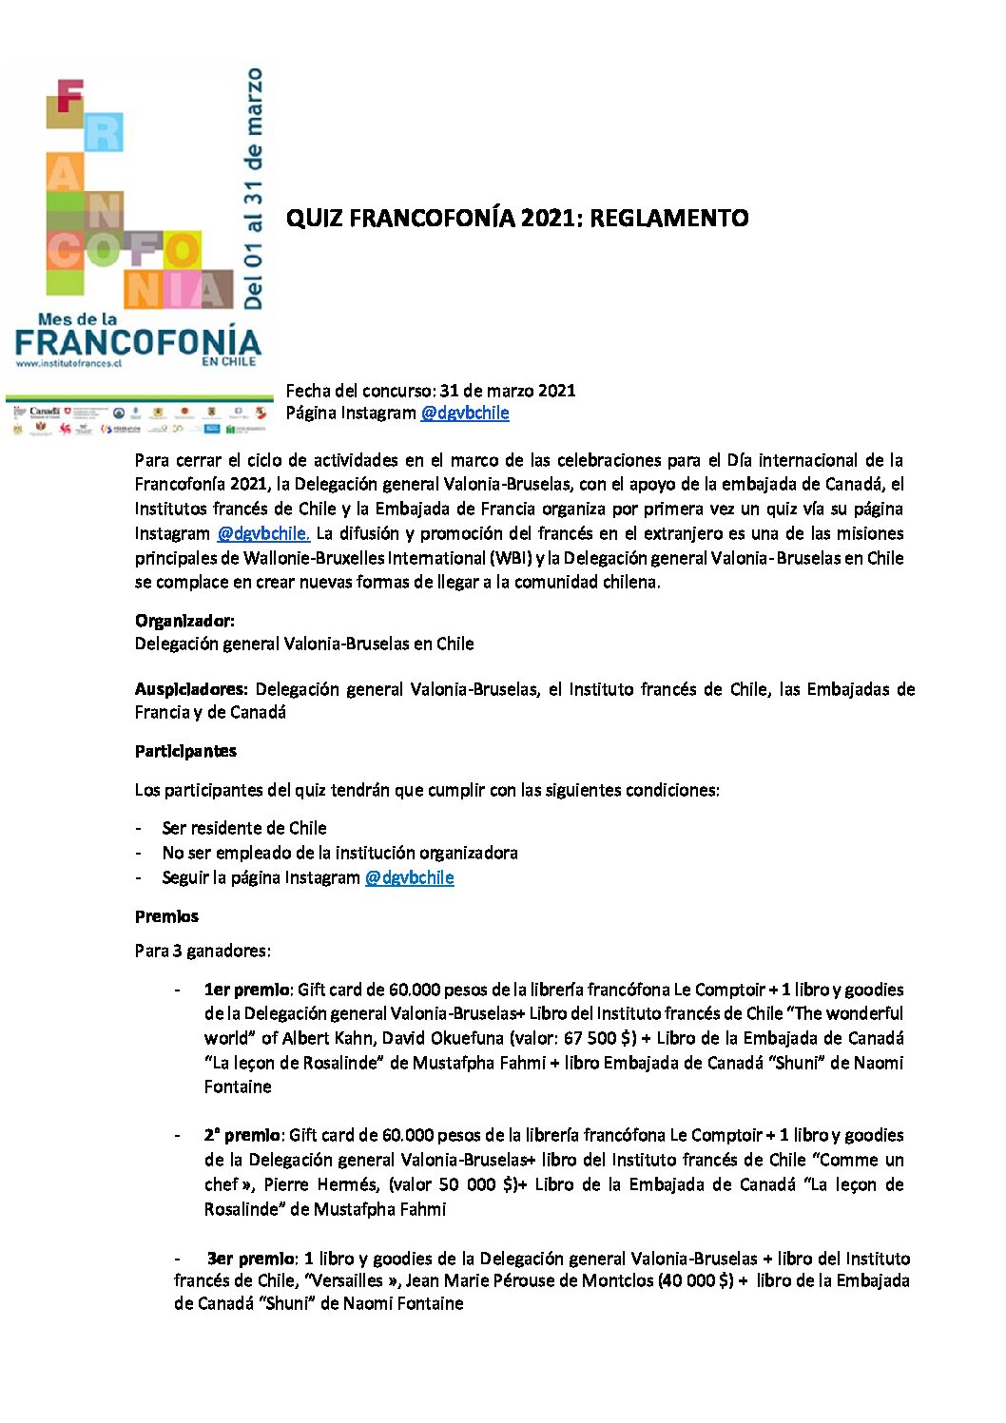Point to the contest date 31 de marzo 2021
click(507, 390)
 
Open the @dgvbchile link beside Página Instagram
click(465, 413)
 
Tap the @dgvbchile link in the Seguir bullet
click(409, 877)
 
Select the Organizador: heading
click(184, 621)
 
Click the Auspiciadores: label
click(191, 689)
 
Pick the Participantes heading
click(185, 751)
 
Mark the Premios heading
click(166, 916)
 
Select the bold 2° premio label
click(242, 1135)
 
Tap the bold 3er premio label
click(251, 1259)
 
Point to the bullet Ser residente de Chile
click(244, 828)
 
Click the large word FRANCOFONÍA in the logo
click(138, 342)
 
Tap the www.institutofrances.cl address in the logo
click(68, 364)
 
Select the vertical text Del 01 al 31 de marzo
click(253, 188)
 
